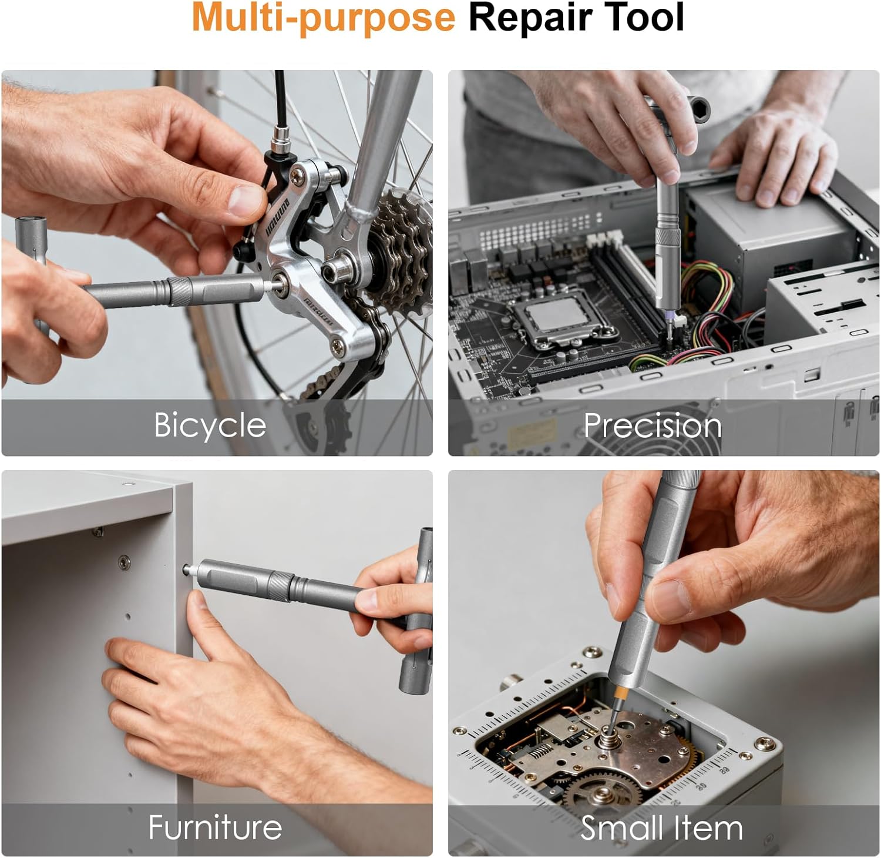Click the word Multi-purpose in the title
click(324, 18)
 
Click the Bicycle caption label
click(210, 425)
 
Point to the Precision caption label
click(652, 425)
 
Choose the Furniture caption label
click(215, 827)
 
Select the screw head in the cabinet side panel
click(124, 561)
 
